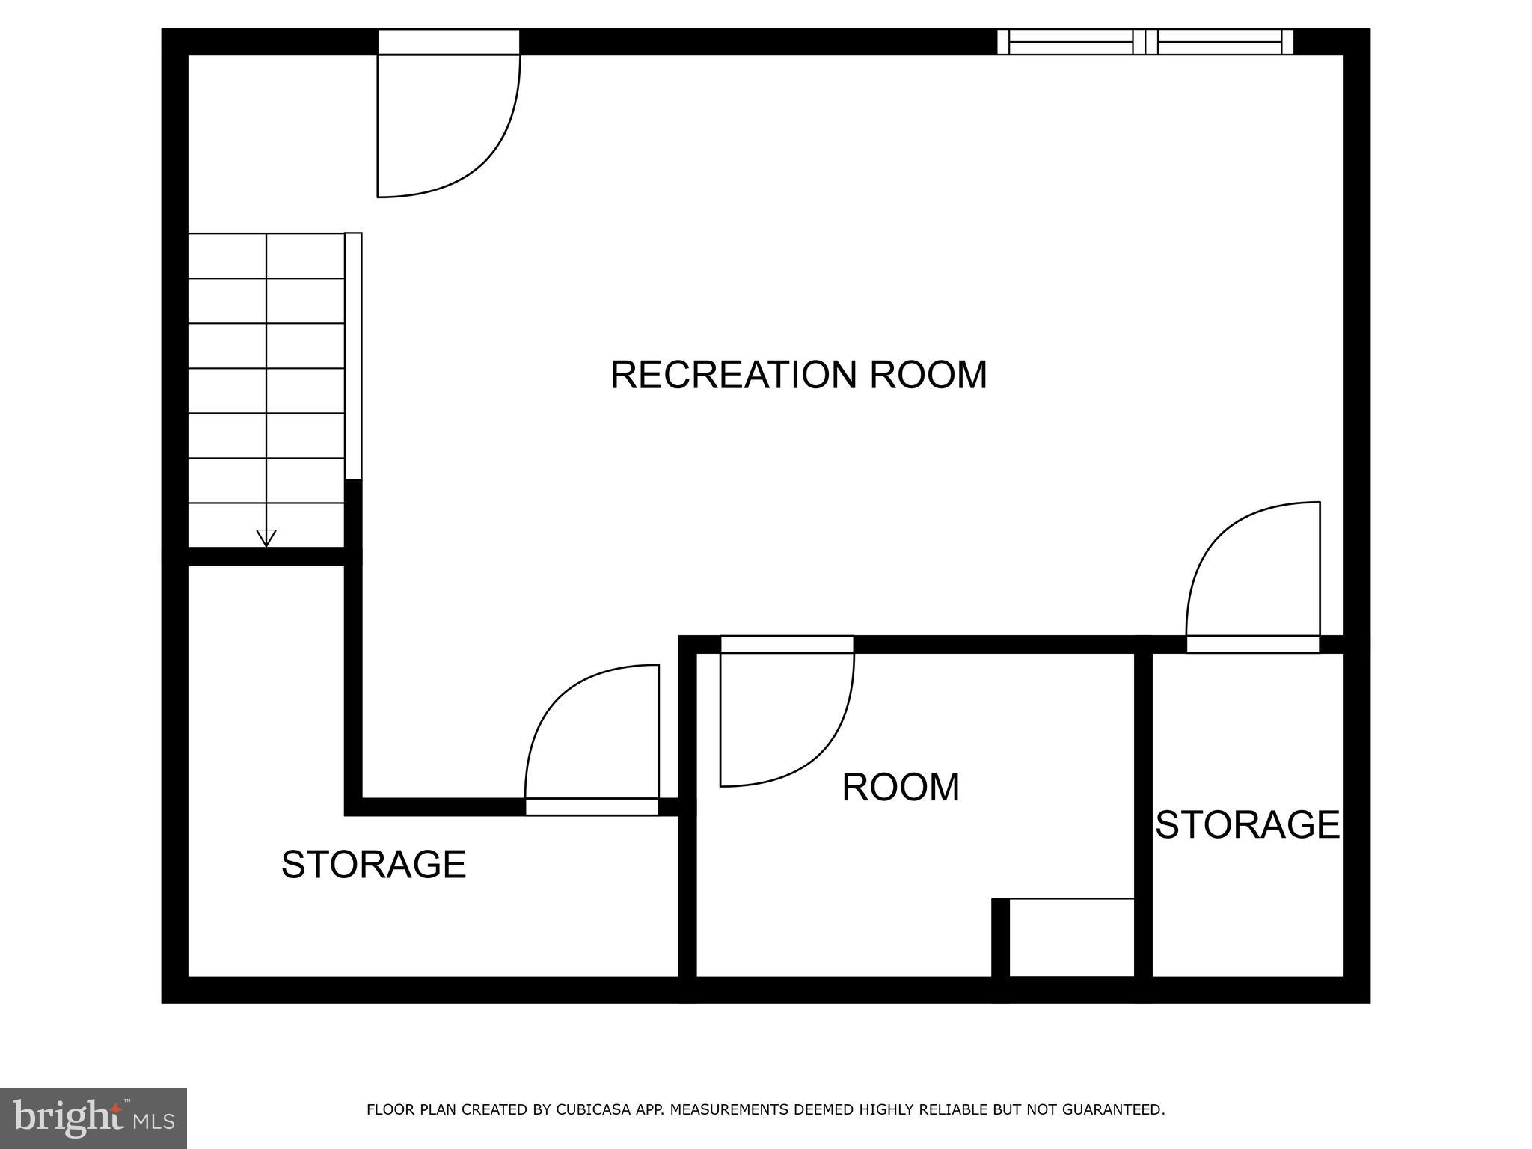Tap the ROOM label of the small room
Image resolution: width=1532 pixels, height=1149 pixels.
[901, 787]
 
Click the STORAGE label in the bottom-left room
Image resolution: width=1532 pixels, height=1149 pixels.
[373, 865]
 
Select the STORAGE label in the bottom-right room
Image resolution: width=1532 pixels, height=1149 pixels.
[1247, 824]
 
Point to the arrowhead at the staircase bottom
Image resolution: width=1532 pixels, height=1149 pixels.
[266, 537]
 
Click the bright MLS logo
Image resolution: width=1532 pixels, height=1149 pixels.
[93, 1118]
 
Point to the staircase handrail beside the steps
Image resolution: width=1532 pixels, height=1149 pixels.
[353, 355]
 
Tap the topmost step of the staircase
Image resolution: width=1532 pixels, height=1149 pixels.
[266, 256]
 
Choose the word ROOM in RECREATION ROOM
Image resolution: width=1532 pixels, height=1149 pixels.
[928, 375]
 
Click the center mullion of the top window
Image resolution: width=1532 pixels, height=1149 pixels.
[1145, 42]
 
